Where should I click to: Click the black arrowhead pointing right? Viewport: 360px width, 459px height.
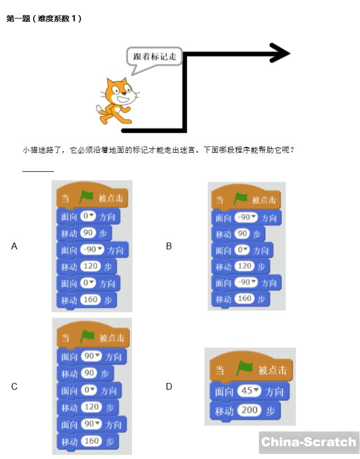point(280,53)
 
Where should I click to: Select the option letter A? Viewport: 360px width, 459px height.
point(15,246)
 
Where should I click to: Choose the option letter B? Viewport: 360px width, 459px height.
point(168,246)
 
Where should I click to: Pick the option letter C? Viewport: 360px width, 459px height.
point(15,387)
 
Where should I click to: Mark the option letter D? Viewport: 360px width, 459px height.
point(168,387)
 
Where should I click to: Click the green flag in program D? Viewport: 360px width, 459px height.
point(244,369)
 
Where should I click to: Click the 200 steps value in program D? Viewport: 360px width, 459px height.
point(249,411)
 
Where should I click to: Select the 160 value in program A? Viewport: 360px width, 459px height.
point(90,300)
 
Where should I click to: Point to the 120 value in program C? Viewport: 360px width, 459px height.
point(90,407)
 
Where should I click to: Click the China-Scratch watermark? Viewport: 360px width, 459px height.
point(309,442)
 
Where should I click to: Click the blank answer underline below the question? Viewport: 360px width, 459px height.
point(38,171)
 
